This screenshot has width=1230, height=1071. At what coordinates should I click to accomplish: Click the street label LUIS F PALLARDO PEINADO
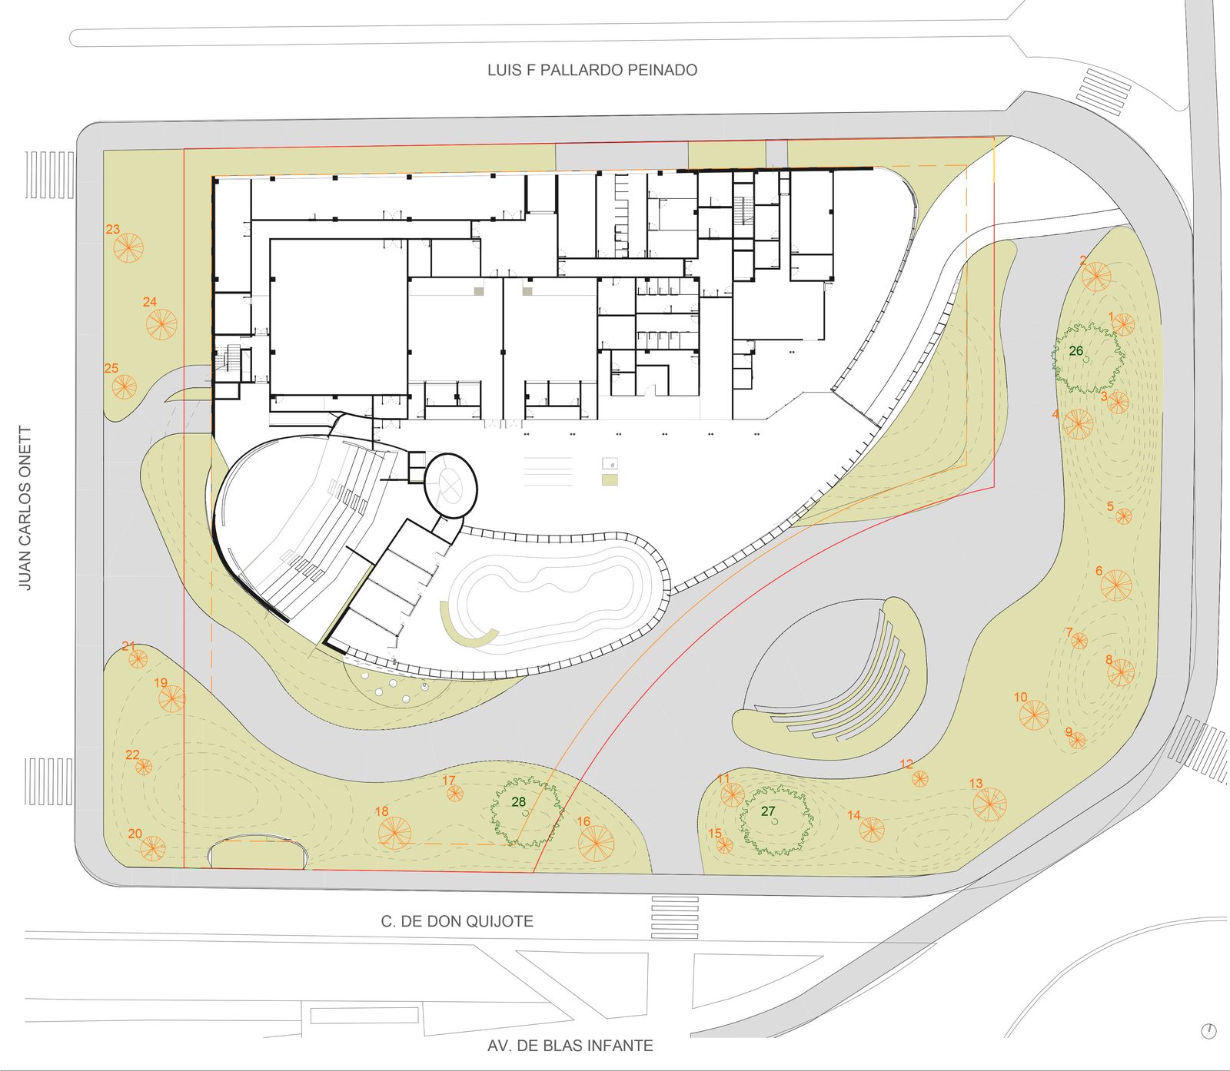tap(592, 70)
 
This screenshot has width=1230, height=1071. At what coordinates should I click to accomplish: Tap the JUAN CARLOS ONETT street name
tap(25, 509)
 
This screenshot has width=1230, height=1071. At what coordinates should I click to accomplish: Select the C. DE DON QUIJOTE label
tap(457, 921)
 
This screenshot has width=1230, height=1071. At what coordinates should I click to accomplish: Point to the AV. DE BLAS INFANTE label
tap(570, 1046)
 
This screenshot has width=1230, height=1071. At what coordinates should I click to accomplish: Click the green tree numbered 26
tap(1089, 358)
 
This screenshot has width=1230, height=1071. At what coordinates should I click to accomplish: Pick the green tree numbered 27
tap(776, 820)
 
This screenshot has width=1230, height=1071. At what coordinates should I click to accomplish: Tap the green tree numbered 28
tap(527, 812)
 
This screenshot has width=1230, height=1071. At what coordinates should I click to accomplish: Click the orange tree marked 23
tap(128, 247)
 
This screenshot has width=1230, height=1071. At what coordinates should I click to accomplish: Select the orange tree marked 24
tap(162, 324)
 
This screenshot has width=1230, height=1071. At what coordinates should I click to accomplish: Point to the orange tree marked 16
tap(596, 843)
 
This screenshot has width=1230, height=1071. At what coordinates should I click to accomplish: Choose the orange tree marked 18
tap(394, 833)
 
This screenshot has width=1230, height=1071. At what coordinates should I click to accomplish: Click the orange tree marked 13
tap(989, 804)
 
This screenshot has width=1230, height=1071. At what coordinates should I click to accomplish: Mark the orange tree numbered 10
tap(1034, 715)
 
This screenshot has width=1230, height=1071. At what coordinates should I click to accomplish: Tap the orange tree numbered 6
tap(1115, 585)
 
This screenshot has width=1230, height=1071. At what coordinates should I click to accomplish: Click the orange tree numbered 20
tap(152, 847)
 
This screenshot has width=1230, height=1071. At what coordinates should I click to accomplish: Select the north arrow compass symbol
tap(1208, 1031)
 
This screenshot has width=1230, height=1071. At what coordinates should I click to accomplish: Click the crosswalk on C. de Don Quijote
tap(675, 917)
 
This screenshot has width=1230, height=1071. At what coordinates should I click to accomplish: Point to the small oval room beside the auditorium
tap(450, 486)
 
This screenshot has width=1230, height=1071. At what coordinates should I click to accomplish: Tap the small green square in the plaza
tap(610, 479)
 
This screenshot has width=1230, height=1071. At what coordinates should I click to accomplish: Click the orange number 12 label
tap(906, 764)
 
